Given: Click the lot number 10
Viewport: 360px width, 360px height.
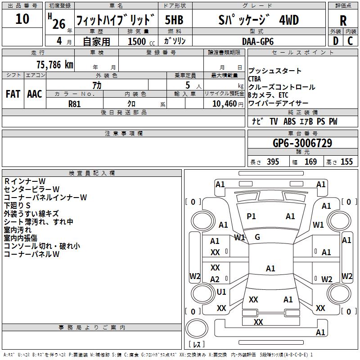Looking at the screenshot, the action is pos(22,19).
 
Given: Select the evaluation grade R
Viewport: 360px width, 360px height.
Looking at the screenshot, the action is pos(343,21).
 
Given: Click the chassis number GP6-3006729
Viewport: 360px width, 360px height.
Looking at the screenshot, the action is pos(302,143).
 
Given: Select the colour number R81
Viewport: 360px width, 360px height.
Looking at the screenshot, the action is pos(75,103).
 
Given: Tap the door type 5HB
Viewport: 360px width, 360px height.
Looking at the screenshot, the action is pos(174,20).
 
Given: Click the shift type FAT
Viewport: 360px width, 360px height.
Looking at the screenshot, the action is pos(13,94).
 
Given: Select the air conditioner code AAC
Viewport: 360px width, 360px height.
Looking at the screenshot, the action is pos(34,94).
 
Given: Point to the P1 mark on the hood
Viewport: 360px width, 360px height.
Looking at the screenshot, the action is pos(251,216).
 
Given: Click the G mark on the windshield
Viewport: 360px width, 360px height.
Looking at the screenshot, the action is pos(257,237).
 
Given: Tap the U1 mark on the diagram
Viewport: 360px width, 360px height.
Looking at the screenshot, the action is pos(221,292).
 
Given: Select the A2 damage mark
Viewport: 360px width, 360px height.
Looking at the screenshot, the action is pos(215,279).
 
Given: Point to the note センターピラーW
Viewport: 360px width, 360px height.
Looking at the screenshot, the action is pos(31,189).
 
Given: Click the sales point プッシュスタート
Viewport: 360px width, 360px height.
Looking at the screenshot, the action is pos(275,71).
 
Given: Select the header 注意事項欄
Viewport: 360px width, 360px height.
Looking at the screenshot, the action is pos(123,134).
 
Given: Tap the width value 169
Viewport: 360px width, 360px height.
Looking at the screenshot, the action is pos(310,162).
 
